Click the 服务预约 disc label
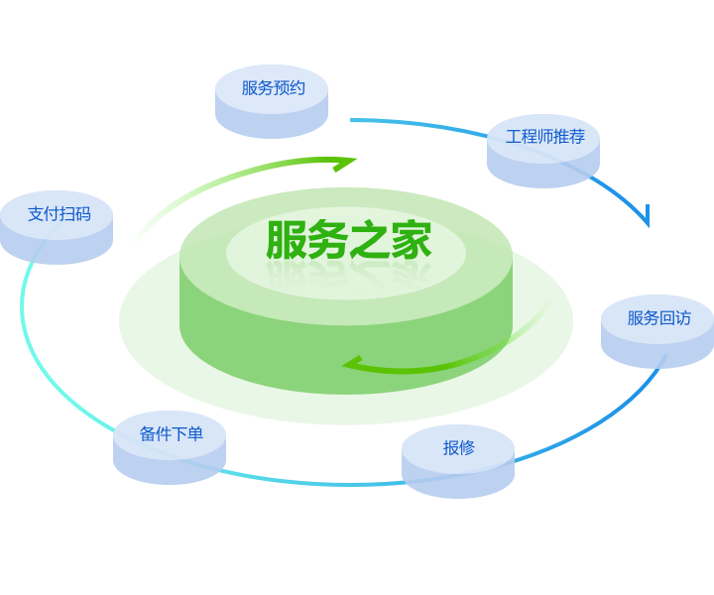[274, 88]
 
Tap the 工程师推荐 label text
[545, 136]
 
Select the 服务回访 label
[658, 317]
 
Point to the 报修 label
[459, 447]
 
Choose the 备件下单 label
[172, 433]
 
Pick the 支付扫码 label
[59, 213]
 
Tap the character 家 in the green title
[412, 240]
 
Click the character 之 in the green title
[370, 240]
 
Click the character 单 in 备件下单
[195, 433]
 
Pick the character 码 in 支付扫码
[83, 213]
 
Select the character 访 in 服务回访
[683, 317]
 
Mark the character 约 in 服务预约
[297, 88]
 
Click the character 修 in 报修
[467, 447]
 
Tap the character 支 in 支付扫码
[36, 213]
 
